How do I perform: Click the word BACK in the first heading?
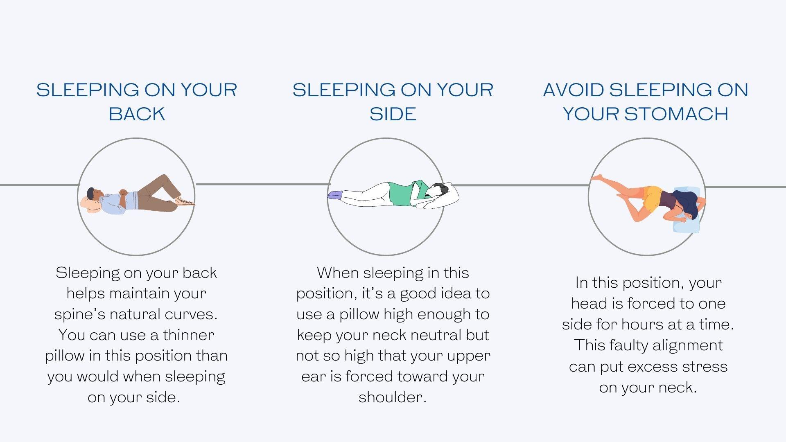pos(137,114)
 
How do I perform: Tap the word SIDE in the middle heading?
pos(393,114)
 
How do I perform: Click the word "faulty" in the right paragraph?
pos(628,345)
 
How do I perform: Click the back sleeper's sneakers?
pos(185,201)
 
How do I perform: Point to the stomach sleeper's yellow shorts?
pos(653,198)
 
